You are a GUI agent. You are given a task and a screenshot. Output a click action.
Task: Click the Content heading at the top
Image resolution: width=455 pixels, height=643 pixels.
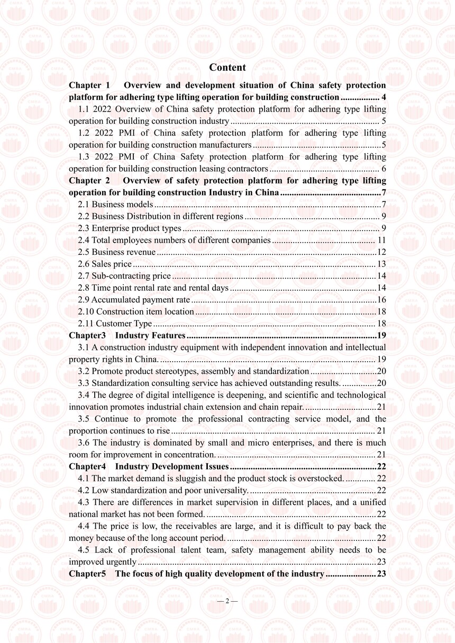coord(228,67)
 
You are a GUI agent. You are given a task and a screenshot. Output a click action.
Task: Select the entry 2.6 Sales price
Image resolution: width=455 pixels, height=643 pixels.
coord(105,264)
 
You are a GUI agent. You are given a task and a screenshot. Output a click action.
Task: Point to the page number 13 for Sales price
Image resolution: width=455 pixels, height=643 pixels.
coord(381,264)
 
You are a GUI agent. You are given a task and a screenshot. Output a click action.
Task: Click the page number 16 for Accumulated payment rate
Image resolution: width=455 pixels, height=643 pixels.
coord(381,300)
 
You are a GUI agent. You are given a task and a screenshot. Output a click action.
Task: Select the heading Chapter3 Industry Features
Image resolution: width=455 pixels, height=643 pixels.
coord(127,336)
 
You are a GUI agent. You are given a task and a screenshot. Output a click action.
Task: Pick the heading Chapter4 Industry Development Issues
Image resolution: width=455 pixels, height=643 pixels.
coord(149,466)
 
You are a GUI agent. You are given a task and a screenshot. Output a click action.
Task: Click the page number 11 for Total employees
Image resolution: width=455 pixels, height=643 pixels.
coord(381,240)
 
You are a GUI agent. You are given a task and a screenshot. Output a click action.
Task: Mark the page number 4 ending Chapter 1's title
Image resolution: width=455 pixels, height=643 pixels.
coord(383,97)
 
